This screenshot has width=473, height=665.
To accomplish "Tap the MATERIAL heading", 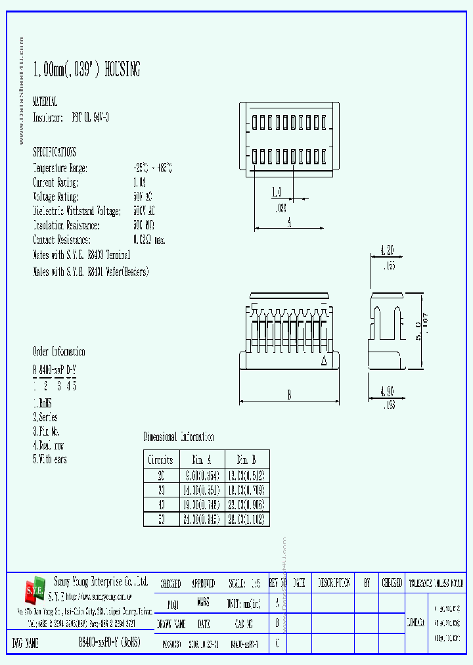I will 45,102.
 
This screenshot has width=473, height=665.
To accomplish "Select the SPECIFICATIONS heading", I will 55,152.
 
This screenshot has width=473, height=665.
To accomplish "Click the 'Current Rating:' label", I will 56,183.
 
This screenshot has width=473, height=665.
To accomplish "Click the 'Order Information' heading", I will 58,352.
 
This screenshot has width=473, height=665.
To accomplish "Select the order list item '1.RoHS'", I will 42,403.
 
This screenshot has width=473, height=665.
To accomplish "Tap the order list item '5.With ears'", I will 50,459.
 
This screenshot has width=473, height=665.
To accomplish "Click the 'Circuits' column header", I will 160,459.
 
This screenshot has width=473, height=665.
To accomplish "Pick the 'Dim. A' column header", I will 202,459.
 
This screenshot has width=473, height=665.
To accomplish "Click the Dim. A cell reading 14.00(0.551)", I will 202,490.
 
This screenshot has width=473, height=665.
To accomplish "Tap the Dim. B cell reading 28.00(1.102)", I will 247,518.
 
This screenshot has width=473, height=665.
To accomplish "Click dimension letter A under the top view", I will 289,222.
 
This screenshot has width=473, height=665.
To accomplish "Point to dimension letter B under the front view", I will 289,395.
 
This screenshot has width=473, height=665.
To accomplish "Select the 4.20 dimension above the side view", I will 388,250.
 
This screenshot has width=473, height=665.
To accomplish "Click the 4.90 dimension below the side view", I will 388,393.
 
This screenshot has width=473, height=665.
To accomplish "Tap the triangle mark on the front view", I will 323,361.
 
